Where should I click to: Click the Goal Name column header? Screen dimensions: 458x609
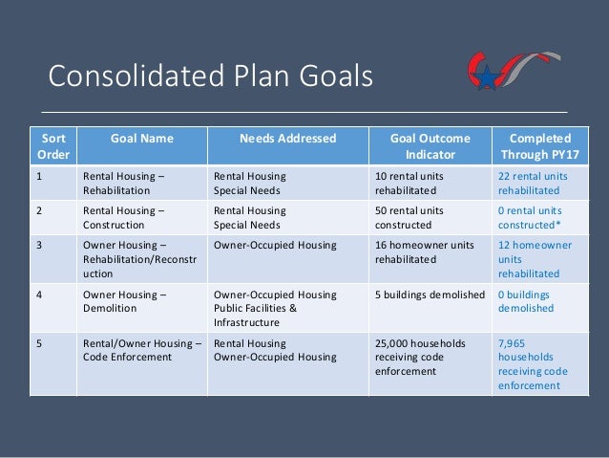(x=142, y=138)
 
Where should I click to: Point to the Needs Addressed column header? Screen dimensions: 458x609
(x=287, y=138)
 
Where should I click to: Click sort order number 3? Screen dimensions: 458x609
(x=40, y=245)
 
